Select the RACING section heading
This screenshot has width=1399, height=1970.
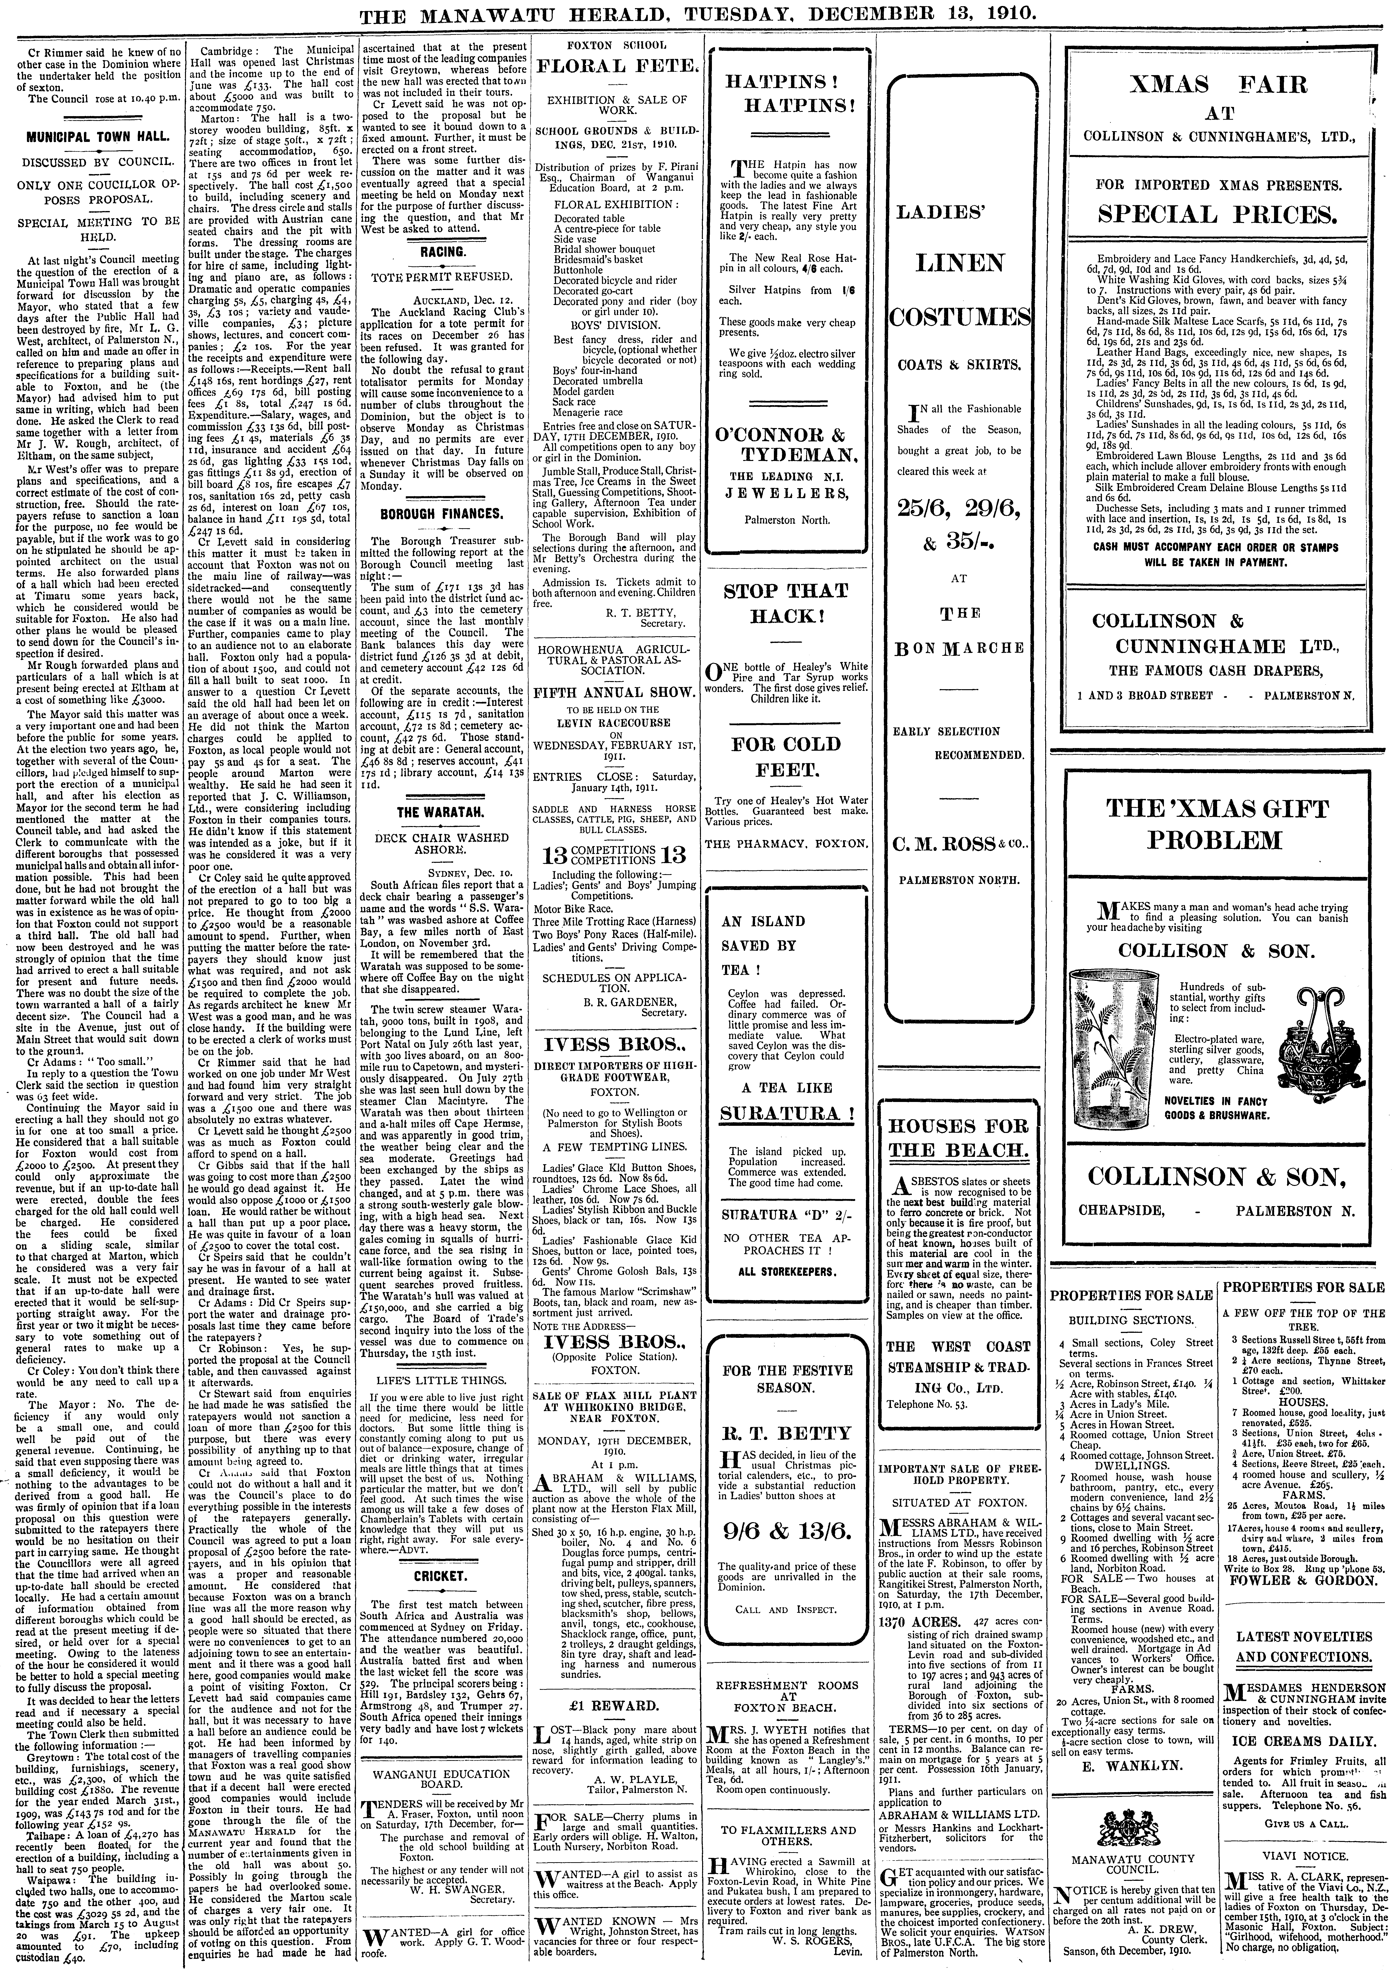point(443,253)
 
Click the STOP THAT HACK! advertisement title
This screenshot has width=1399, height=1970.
point(786,603)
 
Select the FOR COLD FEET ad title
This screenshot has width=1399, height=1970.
point(786,756)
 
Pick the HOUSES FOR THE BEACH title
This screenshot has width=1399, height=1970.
point(958,1138)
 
